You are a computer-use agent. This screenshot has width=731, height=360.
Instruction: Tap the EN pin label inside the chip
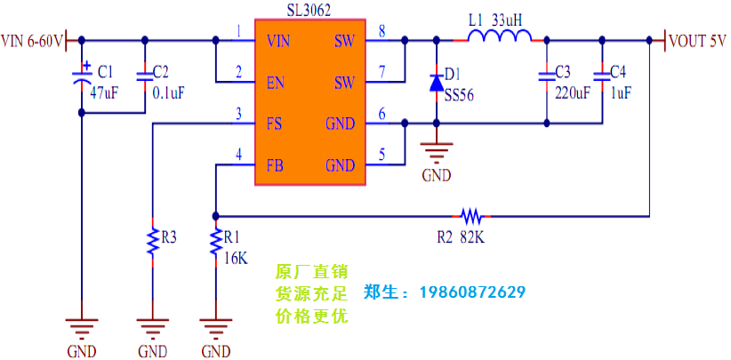click(x=275, y=83)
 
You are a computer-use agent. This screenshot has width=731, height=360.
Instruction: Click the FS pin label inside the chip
click(x=274, y=124)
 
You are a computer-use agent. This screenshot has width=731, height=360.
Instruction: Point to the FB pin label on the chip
click(x=274, y=165)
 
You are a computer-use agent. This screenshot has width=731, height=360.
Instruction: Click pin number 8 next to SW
click(x=382, y=32)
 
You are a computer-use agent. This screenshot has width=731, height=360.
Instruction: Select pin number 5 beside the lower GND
click(x=382, y=155)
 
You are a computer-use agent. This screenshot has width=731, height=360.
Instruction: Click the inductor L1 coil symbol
click(x=500, y=36)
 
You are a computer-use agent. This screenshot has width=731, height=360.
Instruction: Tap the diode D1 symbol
click(x=436, y=83)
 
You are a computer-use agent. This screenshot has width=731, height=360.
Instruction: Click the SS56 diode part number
click(x=458, y=94)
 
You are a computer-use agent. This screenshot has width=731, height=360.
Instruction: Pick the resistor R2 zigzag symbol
click(x=470, y=215)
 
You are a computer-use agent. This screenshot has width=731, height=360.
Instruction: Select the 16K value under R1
click(x=236, y=258)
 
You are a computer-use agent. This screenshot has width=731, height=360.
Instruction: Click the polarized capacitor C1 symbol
click(x=82, y=77)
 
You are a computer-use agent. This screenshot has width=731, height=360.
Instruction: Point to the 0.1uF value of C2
click(x=169, y=92)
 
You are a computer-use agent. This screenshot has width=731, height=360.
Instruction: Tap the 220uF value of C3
click(x=572, y=92)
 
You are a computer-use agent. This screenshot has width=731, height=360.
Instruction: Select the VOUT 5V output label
click(x=699, y=41)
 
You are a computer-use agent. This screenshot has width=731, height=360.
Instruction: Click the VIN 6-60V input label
click(x=32, y=41)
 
